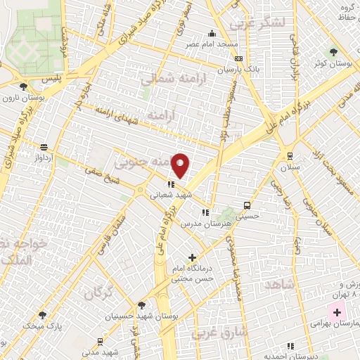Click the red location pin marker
pyautogui.click(x=181, y=165)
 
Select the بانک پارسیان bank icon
pyautogui.click(x=238, y=58)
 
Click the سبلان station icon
pyautogui.click(x=290, y=156)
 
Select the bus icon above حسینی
pyautogui.click(x=246, y=205)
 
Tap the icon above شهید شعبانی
pyautogui.click(x=170, y=185)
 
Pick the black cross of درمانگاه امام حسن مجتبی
pyautogui.click(x=193, y=258)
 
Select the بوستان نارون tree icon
pyautogui.click(x=24, y=86)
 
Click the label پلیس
pyautogui.click(x=51, y=79)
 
